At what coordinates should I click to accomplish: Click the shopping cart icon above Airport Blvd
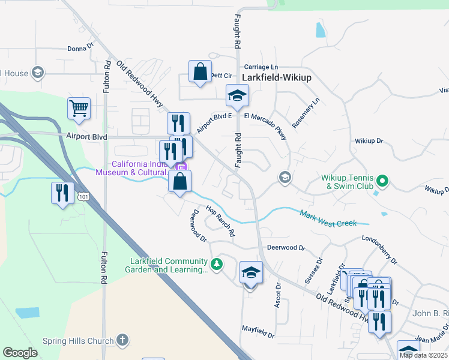79,109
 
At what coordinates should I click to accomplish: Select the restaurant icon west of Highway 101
62,193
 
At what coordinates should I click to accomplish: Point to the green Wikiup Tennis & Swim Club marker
381,179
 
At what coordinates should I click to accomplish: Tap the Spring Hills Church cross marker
122,340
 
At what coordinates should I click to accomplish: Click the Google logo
20,352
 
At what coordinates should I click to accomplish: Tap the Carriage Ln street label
261,67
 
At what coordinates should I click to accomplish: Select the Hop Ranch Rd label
220,220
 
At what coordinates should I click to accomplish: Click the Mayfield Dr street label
258,329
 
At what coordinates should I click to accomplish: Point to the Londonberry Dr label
379,249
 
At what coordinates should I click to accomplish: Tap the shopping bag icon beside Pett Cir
200,71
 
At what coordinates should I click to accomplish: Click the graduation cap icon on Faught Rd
237,95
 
